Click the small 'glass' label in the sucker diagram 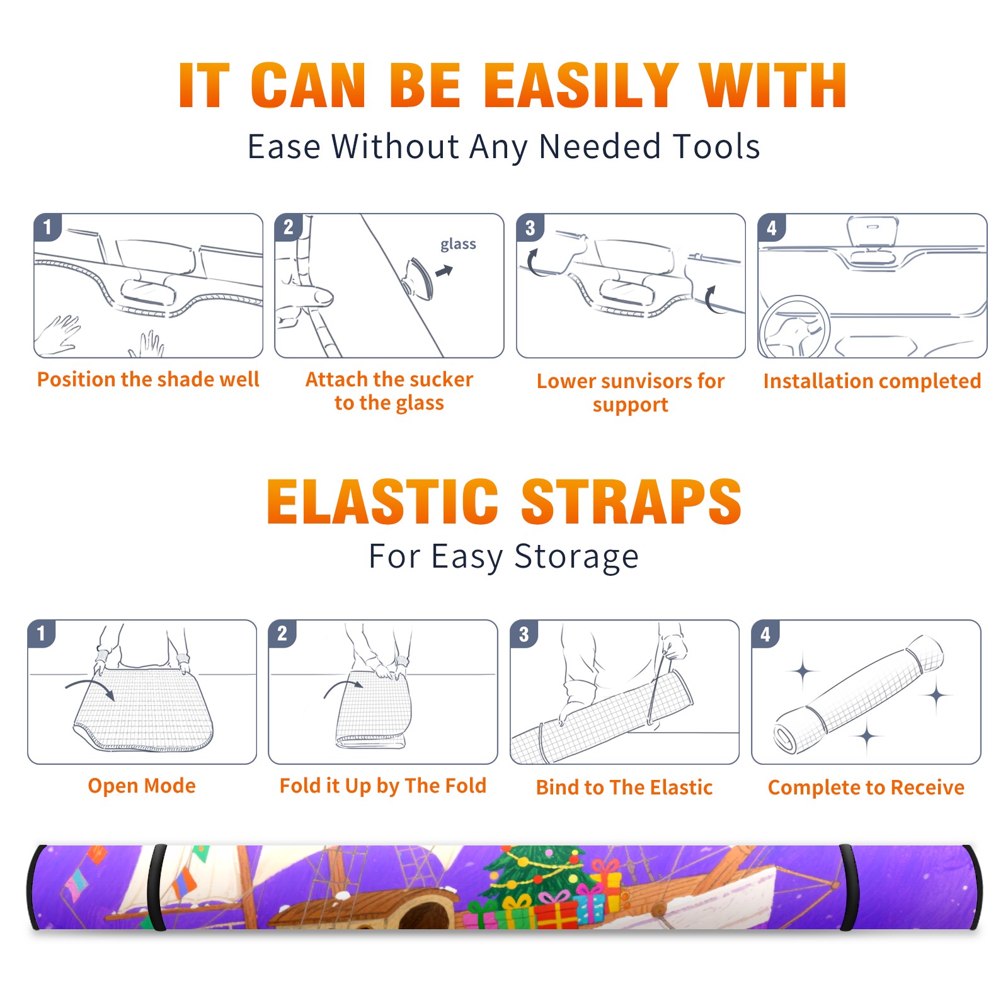point(458,244)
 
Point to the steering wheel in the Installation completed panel point(794,327)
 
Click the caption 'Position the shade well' point(148,379)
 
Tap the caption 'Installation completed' point(872,381)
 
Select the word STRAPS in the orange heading point(631,501)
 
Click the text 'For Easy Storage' point(503,556)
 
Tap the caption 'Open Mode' point(142,786)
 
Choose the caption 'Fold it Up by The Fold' point(383,786)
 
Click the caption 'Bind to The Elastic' point(624,787)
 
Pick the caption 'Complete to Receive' point(866,787)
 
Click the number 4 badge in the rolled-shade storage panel point(765,634)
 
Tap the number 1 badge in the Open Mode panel point(42,634)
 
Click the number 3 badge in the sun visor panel point(530,228)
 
